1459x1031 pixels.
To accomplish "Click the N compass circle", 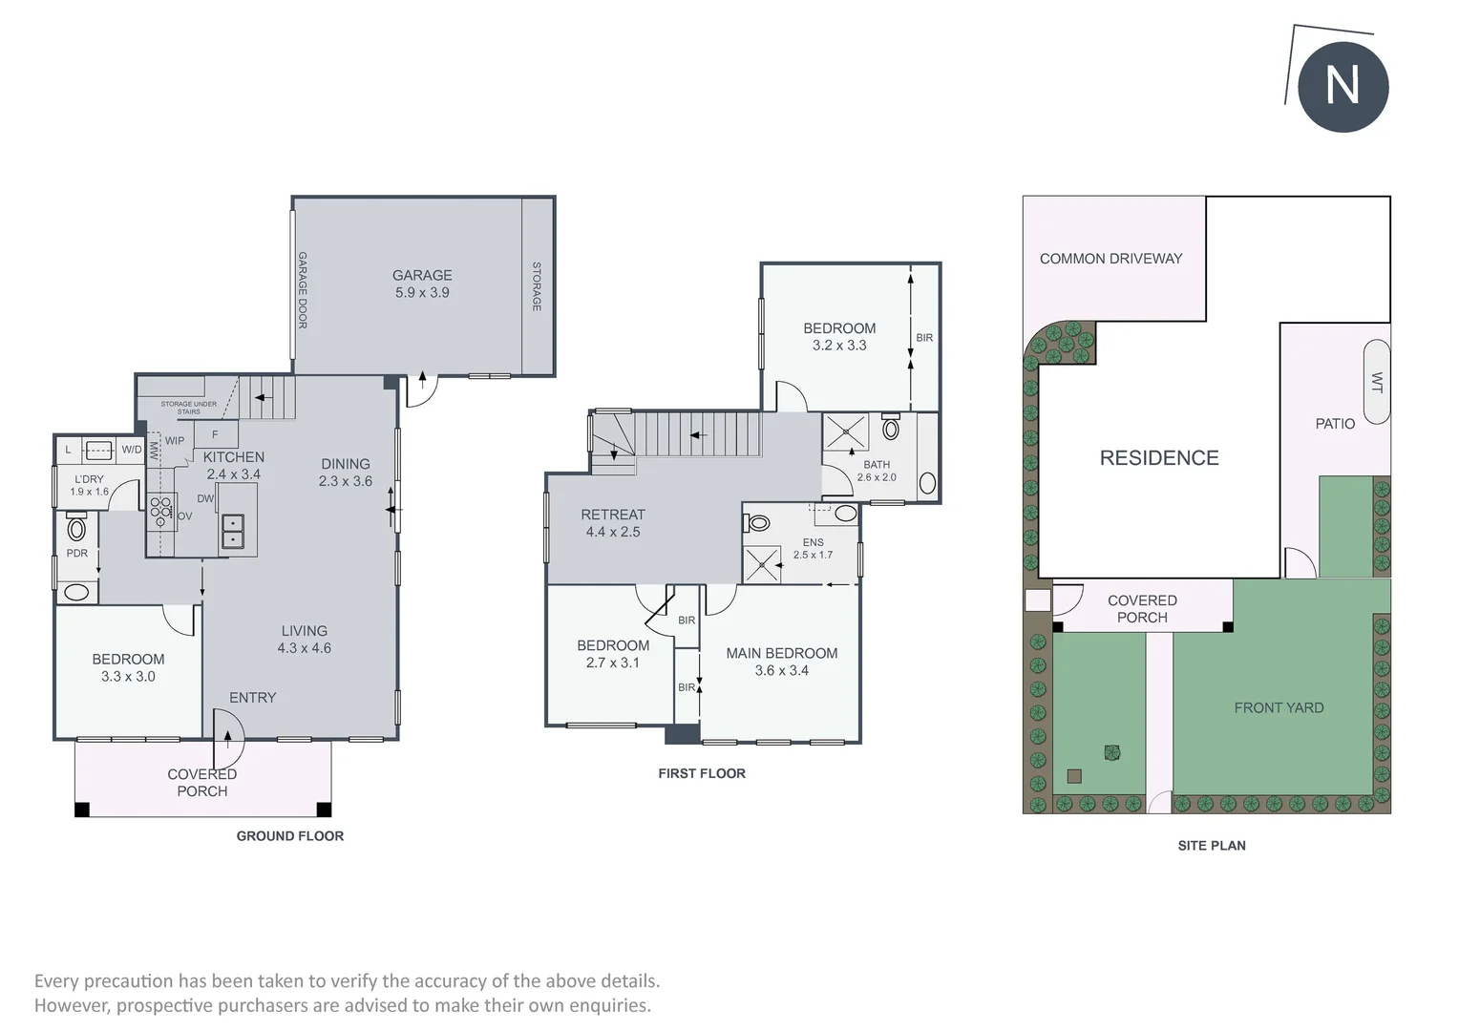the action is click(x=1343, y=87).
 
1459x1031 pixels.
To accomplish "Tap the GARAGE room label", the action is click(x=422, y=276).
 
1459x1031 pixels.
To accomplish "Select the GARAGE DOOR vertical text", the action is click(x=303, y=290).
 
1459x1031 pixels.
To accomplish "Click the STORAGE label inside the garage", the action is click(x=537, y=286).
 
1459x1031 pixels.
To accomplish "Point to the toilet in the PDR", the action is click(x=76, y=527).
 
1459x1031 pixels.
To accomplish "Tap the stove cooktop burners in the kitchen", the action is click(x=160, y=512).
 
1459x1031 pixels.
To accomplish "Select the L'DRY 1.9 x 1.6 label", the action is click(x=89, y=485).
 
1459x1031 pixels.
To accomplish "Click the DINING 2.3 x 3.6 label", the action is click(x=346, y=473).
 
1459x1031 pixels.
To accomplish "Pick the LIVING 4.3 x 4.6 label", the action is click(x=305, y=639).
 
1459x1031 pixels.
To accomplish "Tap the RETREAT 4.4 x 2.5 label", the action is click(x=613, y=523).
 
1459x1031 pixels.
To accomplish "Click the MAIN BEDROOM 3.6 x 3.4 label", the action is click(x=782, y=661).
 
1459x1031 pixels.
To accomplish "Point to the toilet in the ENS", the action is click(x=758, y=522).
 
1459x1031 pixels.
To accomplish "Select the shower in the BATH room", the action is click(x=845, y=431).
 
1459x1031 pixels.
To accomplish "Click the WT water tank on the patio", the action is click(x=1376, y=382).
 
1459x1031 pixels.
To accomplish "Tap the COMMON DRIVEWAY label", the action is click(x=1110, y=259).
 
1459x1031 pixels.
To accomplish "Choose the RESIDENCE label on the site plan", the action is click(x=1159, y=458).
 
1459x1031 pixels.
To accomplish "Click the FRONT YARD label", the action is click(x=1279, y=707).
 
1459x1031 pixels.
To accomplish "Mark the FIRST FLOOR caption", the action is click(x=702, y=773).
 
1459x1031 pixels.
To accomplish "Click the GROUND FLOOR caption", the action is click(x=290, y=835).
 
